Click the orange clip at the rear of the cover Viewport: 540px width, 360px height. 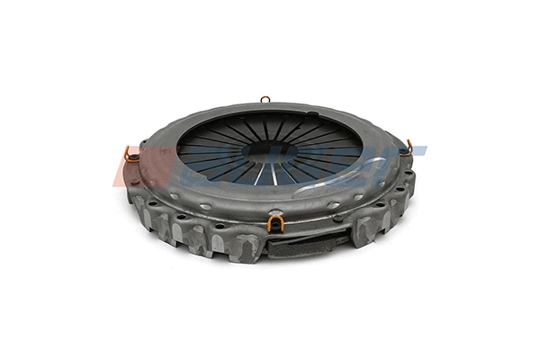coord(265,99)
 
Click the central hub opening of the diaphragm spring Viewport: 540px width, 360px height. coord(270,148)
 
